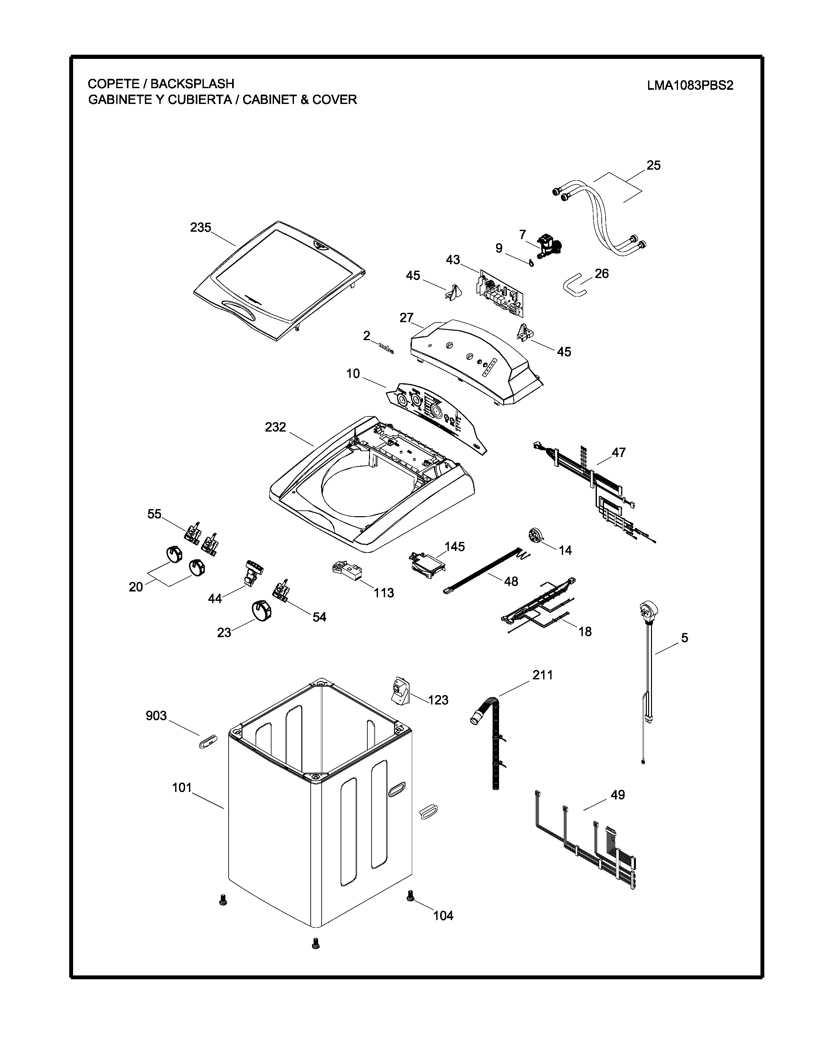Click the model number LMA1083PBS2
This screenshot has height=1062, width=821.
[690, 86]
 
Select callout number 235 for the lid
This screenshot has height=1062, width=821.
[200, 228]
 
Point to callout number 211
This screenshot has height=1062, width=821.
[542, 675]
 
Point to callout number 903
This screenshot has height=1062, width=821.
[156, 716]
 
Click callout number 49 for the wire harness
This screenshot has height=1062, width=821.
[617, 795]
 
